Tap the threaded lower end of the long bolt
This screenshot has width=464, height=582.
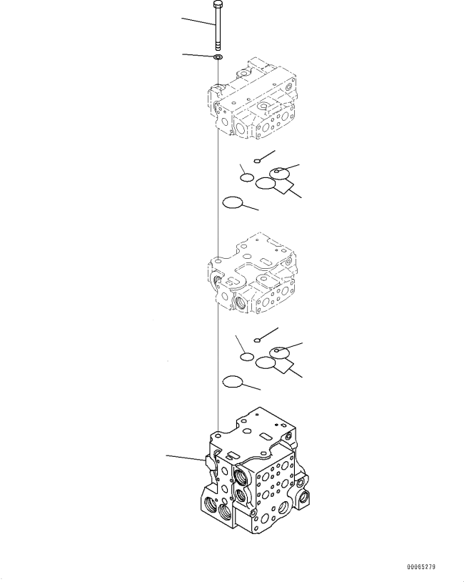pyautogui.click(x=218, y=46)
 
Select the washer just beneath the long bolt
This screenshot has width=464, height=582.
pyautogui.click(x=218, y=57)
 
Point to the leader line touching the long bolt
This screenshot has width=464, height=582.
pyautogui.click(x=198, y=21)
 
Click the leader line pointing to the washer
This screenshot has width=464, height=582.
pyautogui.click(x=198, y=56)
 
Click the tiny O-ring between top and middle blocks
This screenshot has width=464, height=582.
pyautogui.click(x=256, y=161)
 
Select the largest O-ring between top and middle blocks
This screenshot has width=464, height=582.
pyautogui.click(x=233, y=202)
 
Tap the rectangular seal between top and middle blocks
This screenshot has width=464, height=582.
pyautogui.click(x=284, y=187)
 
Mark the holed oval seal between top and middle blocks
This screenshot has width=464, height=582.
pyautogui.click(x=279, y=173)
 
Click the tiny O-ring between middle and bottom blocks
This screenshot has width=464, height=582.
pyautogui.click(x=256, y=340)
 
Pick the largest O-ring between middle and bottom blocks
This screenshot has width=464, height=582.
pyautogui.click(x=233, y=382)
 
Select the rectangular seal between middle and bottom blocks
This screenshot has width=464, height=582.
pyautogui.click(x=284, y=365)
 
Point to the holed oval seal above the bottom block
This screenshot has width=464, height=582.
pyautogui.click(x=279, y=352)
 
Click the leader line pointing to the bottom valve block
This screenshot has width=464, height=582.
pyautogui.click(x=185, y=458)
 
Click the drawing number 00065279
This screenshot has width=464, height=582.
pyautogui.click(x=421, y=567)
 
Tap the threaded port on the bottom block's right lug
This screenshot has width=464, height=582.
pyautogui.click(x=305, y=495)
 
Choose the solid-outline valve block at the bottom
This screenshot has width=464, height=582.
pyautogui.click(x=255, y=471)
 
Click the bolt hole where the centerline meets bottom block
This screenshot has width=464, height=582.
pyautogui.click(x=218, y=434)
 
